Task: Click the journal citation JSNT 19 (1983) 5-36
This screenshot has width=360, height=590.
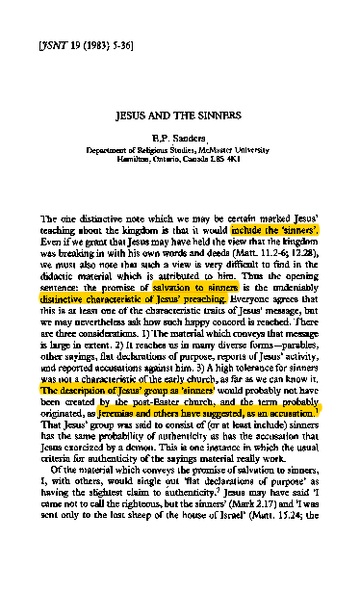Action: [x=81, y=44]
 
